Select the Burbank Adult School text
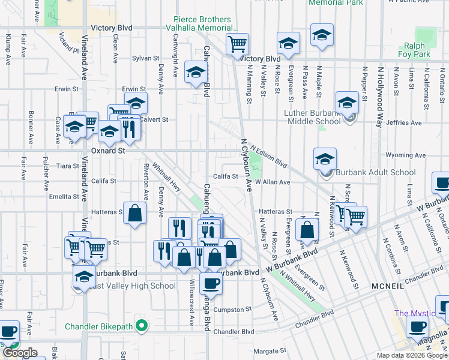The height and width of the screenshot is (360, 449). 376,173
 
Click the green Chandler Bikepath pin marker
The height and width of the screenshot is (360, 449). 142,327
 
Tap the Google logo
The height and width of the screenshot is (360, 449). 20,353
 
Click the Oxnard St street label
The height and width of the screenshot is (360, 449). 108,151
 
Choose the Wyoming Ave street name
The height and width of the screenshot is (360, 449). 405,155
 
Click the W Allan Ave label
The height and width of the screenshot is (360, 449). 273,182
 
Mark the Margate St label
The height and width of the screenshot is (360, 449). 270,351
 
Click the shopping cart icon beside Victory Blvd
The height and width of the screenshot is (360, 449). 238,43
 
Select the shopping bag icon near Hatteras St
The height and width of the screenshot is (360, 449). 135,212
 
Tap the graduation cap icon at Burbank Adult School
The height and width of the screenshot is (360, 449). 325,160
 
